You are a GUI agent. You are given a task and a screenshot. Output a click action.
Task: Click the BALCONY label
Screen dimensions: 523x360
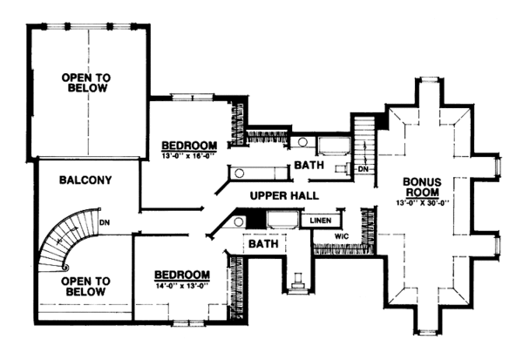[85, 180]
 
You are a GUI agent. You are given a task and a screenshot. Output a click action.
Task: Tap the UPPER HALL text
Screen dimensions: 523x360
[284, 195]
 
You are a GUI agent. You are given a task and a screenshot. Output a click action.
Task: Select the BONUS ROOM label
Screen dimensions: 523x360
[422, 187]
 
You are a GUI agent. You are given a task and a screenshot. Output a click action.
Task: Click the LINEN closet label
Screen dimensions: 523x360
[321, 221]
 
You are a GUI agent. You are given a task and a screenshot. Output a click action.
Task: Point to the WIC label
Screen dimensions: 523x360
[342, 236]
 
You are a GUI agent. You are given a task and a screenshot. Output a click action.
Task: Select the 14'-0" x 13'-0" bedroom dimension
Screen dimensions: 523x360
[182, 285]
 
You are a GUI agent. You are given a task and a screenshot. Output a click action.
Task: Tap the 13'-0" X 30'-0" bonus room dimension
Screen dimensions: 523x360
[423, 202]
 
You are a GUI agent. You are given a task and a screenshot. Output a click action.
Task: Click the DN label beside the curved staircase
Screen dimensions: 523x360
[105, 222]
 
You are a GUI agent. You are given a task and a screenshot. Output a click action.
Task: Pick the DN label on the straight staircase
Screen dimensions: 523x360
[363, 169]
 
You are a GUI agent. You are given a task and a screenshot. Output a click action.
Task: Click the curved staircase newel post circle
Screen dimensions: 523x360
[65, 268]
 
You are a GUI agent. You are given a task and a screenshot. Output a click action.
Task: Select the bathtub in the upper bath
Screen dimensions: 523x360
[334, 146]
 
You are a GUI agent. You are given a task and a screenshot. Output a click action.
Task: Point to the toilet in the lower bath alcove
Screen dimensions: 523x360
[296, 282]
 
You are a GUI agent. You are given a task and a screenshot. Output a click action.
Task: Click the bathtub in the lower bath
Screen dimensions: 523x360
[283, 219]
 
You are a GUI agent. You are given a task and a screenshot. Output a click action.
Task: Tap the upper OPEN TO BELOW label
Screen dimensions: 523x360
[86, 83]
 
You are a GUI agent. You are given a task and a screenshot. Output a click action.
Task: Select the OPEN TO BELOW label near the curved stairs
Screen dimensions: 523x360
[85, 287]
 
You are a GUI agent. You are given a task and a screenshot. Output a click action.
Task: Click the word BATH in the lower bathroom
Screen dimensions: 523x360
[263, 244]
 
